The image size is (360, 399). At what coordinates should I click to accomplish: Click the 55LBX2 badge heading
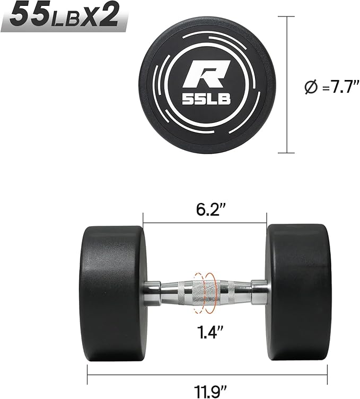(x=64, y=15)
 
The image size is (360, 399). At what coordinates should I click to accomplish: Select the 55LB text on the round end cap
(x=206, y=99)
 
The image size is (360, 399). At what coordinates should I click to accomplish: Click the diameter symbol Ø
(x=311, y=87)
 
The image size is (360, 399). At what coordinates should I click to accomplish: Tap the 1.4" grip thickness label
(x=210, y=332)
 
